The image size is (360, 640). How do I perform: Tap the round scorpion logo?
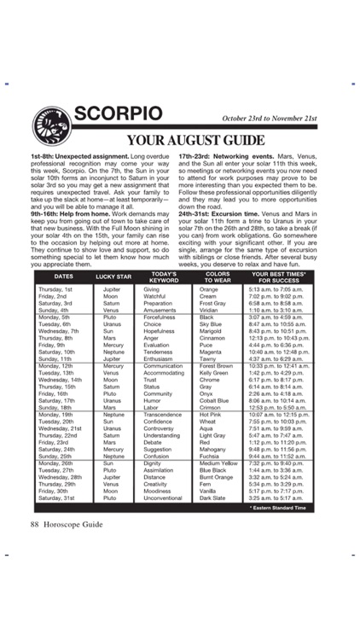pyautogui.click(x=50, y=126)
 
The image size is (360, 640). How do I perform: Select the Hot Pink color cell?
pyautogui.click(x=210, y=414)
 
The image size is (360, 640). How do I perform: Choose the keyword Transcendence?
pyautogui.click(x=162, y=414)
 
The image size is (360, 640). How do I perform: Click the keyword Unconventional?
pyautogui.click(x=163, y=497)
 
